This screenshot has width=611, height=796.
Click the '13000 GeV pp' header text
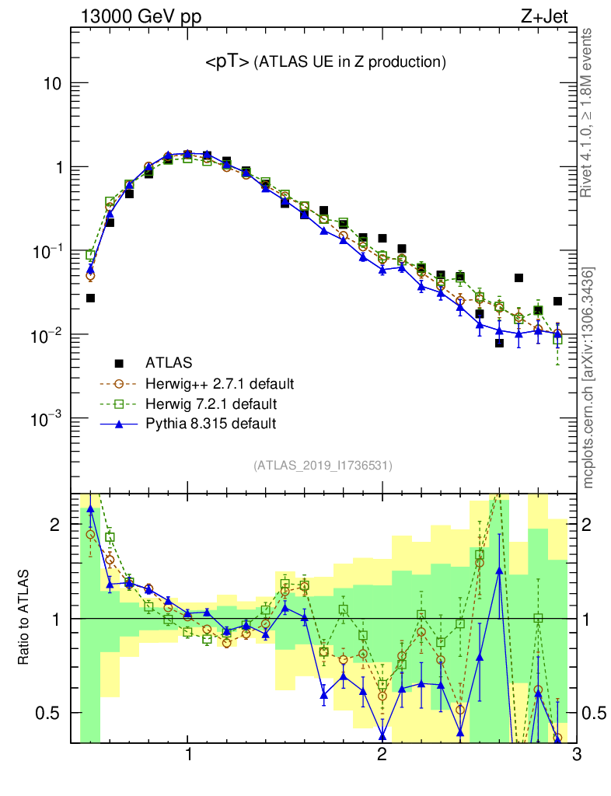click(139, 16)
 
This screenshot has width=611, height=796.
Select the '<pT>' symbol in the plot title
click(227, 63)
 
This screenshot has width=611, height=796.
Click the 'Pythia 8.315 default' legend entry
click(210, 424)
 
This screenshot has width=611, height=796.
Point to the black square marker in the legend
click(119, 362)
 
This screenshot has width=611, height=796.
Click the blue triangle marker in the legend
click(119, 424)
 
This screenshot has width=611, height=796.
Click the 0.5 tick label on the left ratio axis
click(49, 713)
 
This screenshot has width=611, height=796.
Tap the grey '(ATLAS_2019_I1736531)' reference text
click(322, 466)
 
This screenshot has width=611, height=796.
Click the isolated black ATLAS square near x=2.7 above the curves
click(518, 278)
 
